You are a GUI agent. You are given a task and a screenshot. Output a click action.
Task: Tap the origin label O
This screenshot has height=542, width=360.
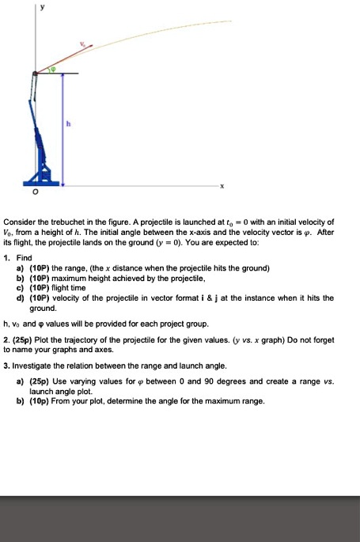click(33, 190)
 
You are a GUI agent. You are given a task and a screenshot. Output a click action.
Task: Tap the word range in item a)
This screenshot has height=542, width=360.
click(79, 268)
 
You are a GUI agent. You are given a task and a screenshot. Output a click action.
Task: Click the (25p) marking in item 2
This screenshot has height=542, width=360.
click(25, 339)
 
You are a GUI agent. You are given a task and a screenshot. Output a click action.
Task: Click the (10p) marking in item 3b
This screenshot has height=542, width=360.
click(41, 400)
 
